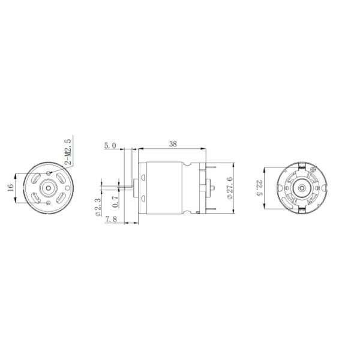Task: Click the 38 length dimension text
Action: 173,144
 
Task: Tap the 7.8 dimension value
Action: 110,220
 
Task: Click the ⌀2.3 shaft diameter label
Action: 97,207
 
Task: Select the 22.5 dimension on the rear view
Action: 260,187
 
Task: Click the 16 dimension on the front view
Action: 10,187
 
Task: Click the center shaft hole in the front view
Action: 47,187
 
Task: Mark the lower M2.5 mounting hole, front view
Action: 47,202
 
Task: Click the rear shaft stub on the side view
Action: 212,187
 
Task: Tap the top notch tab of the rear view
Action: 300,164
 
